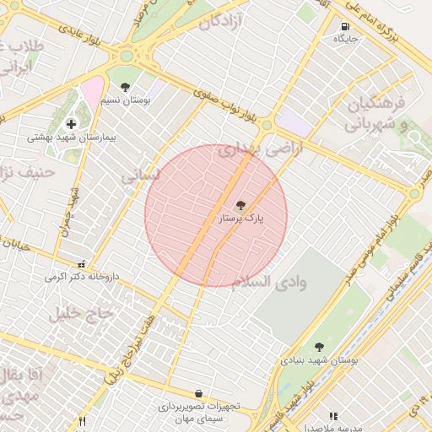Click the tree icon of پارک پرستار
[240, 205]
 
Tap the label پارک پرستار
[241, 219]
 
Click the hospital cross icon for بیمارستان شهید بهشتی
[71, 123]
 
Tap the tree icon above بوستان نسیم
[126, 87]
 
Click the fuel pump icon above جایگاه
[346, 26]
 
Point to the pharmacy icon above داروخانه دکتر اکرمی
[81, 264]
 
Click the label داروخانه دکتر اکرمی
[83, 277]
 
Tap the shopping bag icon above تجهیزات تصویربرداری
[198, 393]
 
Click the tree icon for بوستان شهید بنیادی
[319, 346]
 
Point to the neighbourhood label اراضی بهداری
[248, 150]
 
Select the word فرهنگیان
[377, 105]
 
